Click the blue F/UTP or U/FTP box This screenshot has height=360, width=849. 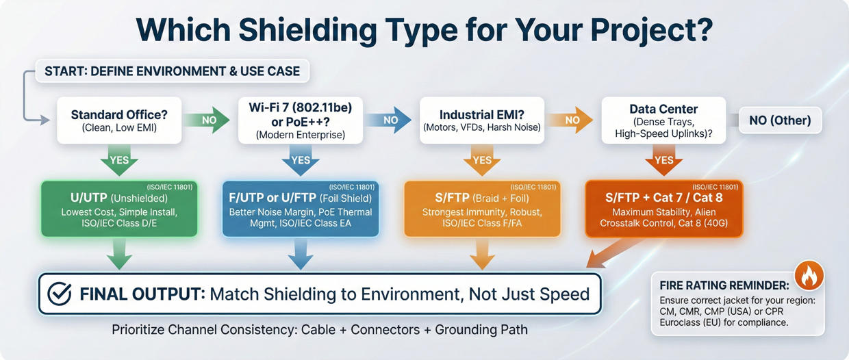pos(301,209)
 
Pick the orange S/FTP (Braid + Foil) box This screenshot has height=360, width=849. pos(482,209)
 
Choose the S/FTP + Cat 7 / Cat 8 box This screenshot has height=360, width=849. pos(663,209)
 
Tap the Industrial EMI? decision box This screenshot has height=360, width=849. pos(481,120)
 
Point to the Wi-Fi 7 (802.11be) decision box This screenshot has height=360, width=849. pos(300,120)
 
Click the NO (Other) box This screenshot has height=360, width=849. pos(779,120)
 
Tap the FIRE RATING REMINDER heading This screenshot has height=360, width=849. pos(724,285)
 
